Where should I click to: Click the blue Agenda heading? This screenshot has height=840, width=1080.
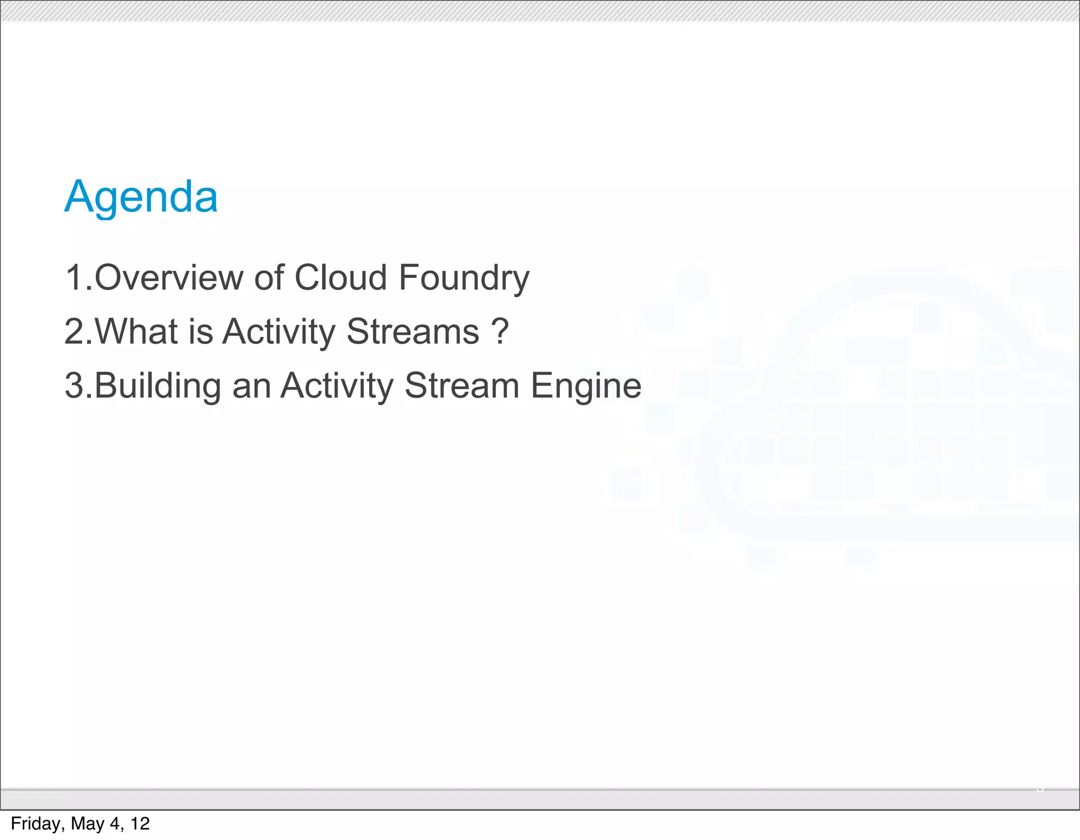click(x=141, y=197)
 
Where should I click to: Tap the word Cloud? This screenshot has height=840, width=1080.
click(x=341, y=277)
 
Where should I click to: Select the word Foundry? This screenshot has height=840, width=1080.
click(x=464, y=278)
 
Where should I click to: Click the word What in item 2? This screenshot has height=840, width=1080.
click(x=137, y=332)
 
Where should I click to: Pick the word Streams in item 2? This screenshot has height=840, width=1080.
click(x=413, y=332)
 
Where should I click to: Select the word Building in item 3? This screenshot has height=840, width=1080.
click(x=158, y=385)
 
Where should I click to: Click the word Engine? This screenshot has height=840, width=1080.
click(x=586, y=387)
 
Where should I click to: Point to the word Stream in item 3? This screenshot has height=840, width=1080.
click(x=462, y=385)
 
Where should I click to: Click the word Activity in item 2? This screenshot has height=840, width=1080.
click(x=279, y=333)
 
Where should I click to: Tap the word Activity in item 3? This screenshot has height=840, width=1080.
click(x=337, y=387)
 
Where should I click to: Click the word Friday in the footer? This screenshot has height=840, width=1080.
click(x=36, y=824)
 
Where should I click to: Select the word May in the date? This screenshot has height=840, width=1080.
click(x=87, y=824)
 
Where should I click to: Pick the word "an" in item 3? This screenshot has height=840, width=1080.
click(x=251, y=387)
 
